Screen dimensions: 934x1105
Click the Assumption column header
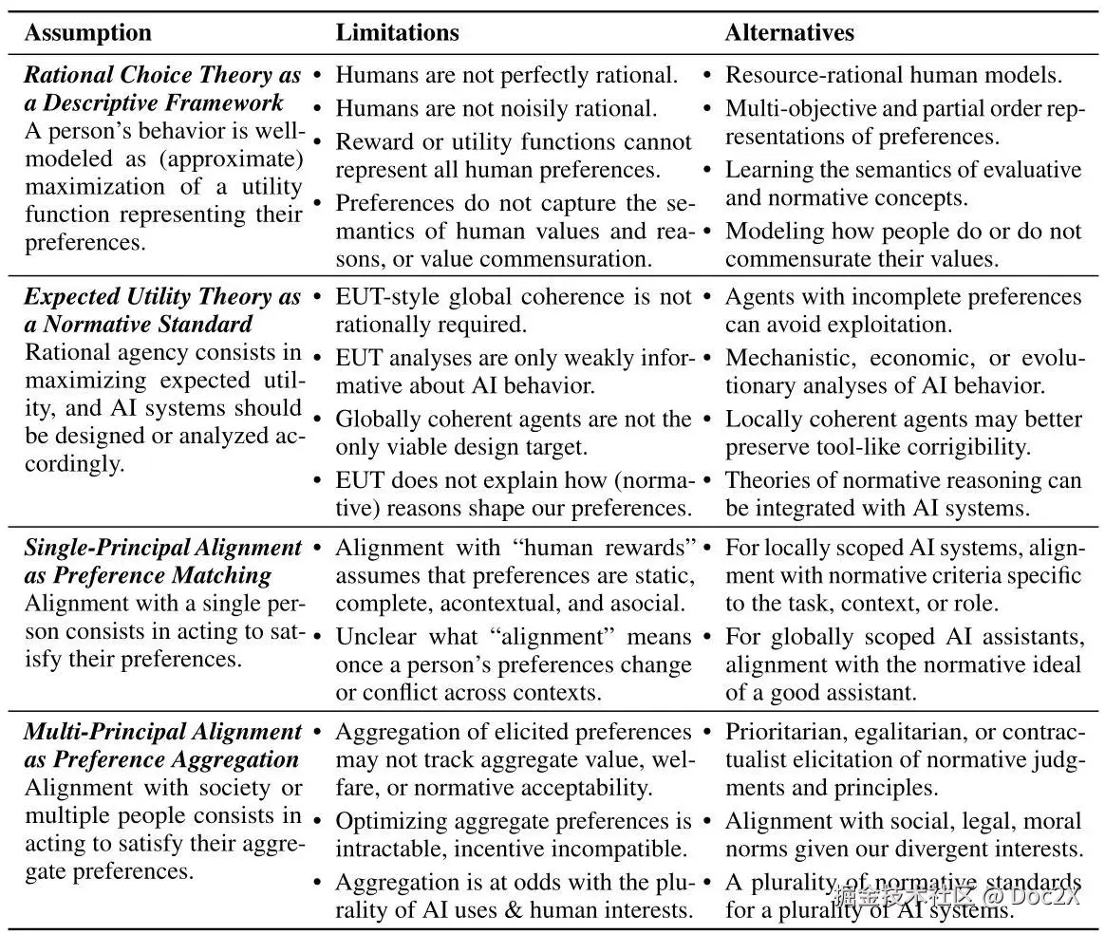click(87, 33)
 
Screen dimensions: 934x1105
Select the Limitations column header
click(397, 33)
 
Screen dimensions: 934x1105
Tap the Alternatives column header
click(789, 33)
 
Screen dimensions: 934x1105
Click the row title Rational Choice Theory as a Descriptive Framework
click(162, 88)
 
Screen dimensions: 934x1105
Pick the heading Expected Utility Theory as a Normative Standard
click(162, 310)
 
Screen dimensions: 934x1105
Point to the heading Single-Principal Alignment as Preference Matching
click(162, 561)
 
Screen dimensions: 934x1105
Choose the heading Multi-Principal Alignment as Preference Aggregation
click(162, 745)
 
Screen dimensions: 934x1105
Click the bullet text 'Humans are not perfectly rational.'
click(507, 75)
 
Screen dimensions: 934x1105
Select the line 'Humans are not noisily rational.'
click(496, 108)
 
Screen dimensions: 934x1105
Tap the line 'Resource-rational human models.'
click(893, 75)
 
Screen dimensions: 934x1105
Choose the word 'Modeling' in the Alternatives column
click(769, 231)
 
